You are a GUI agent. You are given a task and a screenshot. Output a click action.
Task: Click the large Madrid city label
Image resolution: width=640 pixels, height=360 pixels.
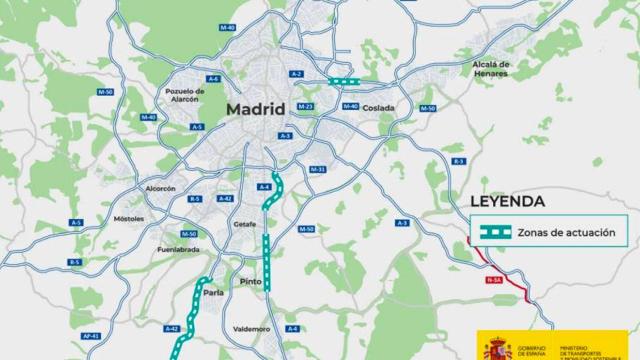pyautogui.click(x=255, y=109)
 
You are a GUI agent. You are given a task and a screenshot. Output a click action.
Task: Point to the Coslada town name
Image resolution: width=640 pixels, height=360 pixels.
pyautogui.click(x=379, y=108)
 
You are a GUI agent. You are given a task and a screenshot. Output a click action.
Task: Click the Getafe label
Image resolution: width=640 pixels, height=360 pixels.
pyautogui.click(x=244, y=225)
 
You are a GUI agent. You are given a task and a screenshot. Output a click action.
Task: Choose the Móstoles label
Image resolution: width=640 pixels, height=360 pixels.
pyautogui.click(x=129, y=217)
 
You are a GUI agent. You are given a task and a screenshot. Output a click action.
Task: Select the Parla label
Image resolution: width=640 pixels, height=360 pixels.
pyautogui.click(x=213, y=293)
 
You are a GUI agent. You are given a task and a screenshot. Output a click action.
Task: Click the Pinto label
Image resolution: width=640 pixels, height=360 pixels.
pyautogui.click(x=250, y=282)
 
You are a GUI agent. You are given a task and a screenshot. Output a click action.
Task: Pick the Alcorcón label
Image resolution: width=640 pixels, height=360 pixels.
pyautogui.click(x=160, y=188)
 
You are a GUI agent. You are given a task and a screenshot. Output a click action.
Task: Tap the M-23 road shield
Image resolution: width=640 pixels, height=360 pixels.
pyautogui.click(x=306, y=106)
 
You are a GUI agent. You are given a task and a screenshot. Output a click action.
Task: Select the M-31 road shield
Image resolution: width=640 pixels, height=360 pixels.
pyautogui.click(x=317, y=169)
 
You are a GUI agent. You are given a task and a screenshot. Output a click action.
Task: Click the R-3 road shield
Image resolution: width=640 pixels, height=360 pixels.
pyautogui.click(x=459, y=160)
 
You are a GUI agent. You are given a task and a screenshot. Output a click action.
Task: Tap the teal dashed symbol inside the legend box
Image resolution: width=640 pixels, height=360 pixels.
pyautogui.click(x=494, y=232)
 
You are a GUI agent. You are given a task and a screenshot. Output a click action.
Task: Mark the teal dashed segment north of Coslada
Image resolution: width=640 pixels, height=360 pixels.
pyautogui.click(x=344, y=82)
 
